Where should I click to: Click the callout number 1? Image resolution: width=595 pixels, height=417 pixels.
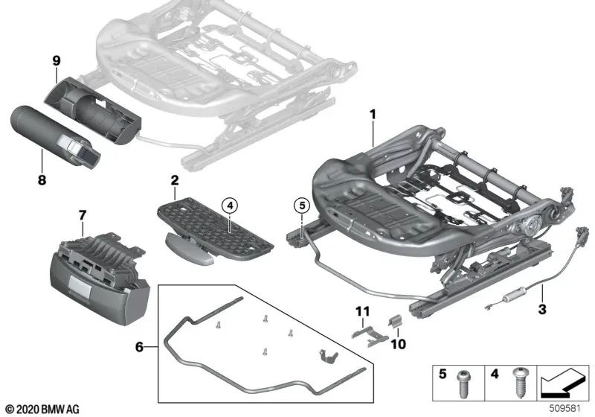[x=373, y=115]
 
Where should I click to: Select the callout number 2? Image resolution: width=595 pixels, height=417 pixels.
[x=175, y=181]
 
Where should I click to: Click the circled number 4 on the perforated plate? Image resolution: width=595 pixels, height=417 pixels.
[x=231, y=206]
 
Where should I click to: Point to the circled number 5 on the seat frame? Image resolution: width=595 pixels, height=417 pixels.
[x=300, y=206]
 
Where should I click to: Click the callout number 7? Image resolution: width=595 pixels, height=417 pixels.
[x=82, y=216]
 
